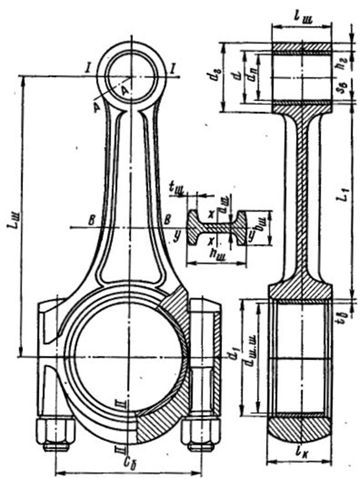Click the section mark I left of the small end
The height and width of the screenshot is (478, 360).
(x=90, y=67)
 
